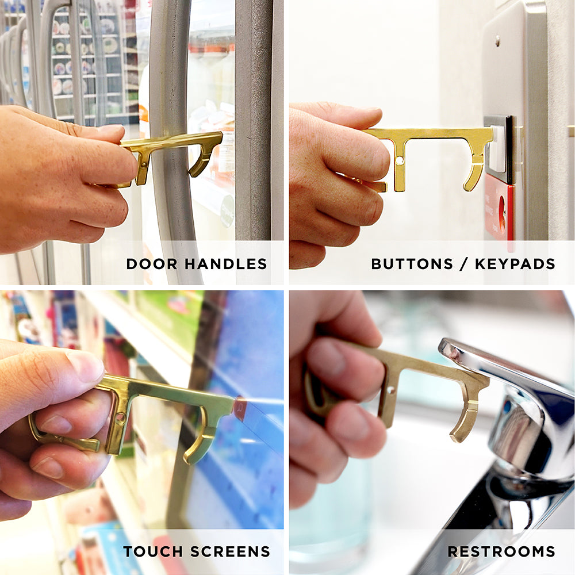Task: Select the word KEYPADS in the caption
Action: tap(515, 264)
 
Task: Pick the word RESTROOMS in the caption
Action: tap(501, 551)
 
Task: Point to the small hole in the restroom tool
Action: tap(391, 390)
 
